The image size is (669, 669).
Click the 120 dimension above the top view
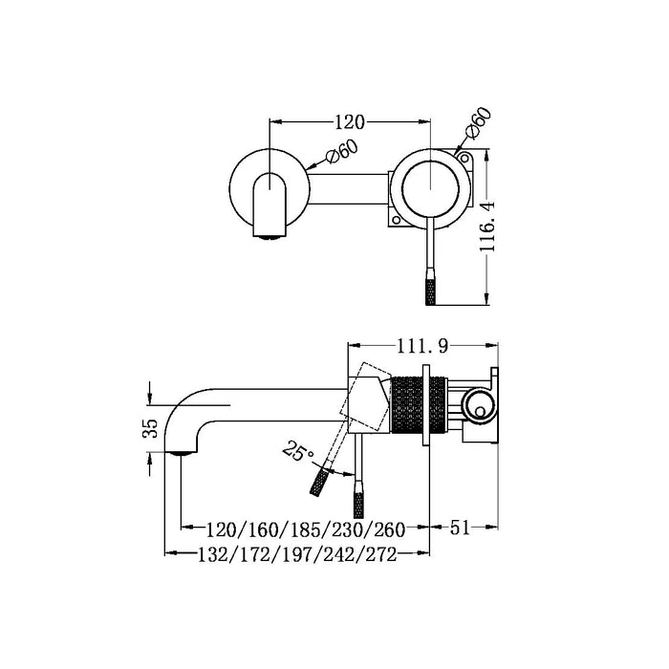350,122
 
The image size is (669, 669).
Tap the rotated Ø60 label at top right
477,125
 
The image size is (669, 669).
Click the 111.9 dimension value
421,344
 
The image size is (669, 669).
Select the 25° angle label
296,448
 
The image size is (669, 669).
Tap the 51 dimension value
464,527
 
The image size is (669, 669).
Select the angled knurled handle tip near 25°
318,483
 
